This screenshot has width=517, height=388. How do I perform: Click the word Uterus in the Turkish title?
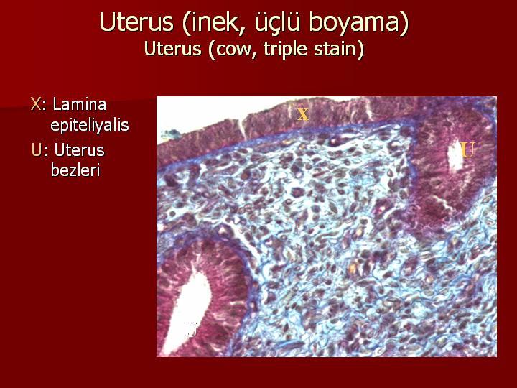tap(136, 22)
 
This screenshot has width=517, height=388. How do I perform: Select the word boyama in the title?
tap(355, 22)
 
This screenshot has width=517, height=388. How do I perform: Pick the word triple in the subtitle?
tap(286, 49)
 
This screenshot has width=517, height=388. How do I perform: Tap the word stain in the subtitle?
tap(335, 49)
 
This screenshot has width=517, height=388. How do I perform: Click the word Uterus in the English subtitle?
tap(172, 49)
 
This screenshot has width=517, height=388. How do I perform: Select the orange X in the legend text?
tap(36, 104)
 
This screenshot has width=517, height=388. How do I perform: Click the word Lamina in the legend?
tap(80, 104)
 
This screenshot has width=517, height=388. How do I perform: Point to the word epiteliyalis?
tap(89, 125)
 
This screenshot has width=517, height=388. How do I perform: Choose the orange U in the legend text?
tap(37, 150)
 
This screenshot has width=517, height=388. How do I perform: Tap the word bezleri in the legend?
tap(75, 170)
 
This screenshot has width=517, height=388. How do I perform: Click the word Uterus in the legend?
tap(80, 150)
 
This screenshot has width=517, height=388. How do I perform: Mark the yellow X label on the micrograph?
tap(303, 114)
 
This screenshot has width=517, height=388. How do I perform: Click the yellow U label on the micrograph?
tap(467, 149)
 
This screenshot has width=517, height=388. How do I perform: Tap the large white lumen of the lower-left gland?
tap(187, 313)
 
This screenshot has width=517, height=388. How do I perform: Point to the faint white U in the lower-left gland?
tap(191, 330)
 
